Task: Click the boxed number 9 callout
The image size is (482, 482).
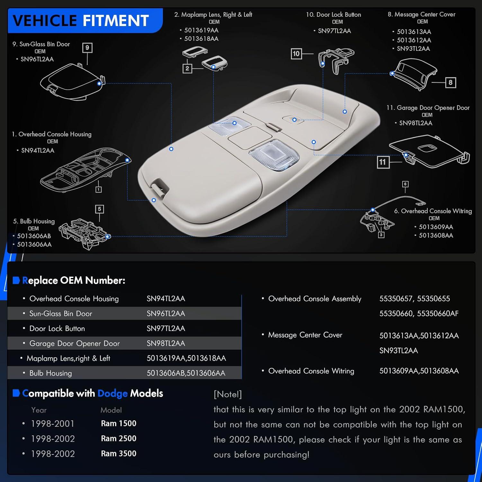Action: click(87, 48)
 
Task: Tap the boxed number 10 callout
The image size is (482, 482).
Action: click(296, 53)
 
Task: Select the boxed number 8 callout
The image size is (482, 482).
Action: click(451, 83)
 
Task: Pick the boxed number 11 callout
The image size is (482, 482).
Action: click(382, 162)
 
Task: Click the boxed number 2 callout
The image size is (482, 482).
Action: click(187, 68)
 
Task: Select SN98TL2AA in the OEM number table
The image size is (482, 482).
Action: click(166, 343)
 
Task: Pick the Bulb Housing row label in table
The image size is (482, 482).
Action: click(50, 373)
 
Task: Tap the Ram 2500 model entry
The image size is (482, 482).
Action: click(119, 438)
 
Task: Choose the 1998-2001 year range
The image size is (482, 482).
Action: click(53, 424)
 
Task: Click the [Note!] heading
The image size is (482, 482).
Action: click(228, 394)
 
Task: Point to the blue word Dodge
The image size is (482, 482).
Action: click(112, 394)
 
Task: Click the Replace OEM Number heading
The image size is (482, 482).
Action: click(74, 281)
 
